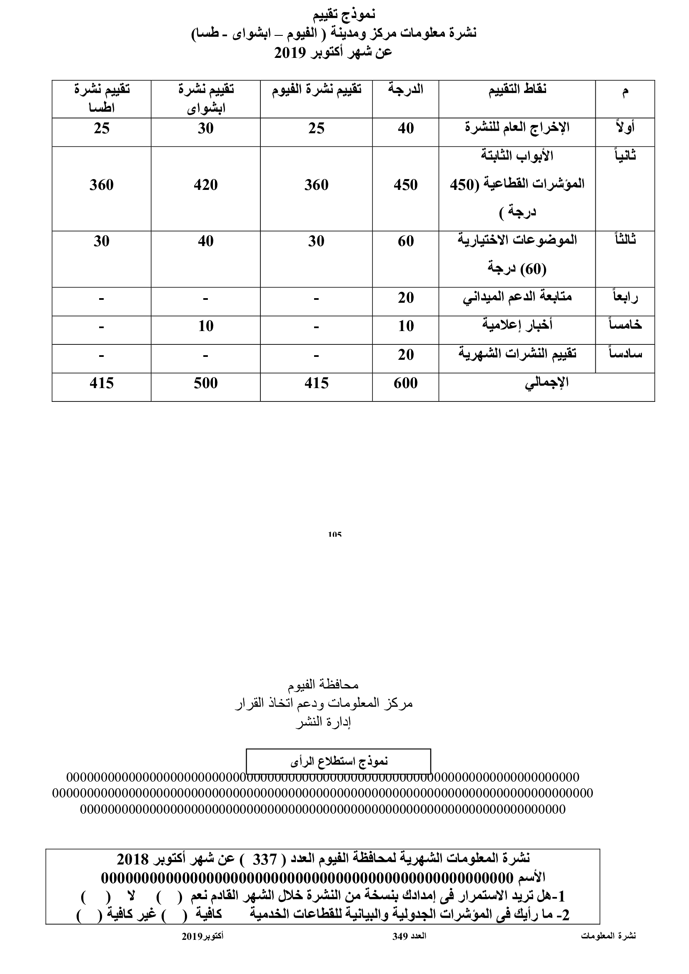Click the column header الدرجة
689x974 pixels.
[406, 90]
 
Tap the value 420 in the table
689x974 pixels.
[205, 185]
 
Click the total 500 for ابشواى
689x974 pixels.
[205, 384]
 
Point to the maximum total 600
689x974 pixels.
[406, 384]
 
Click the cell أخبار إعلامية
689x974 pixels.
[517, 325]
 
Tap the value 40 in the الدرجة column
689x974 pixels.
[406, 129]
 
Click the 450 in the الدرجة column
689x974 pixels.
[406, 185]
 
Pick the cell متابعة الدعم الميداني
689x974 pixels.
[517, 297]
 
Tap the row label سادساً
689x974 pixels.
[625, 354]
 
